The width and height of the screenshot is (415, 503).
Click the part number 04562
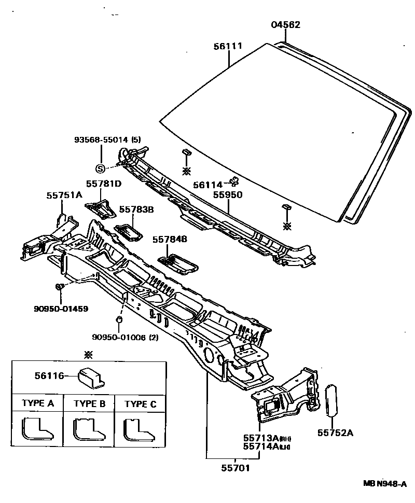click(286, 25)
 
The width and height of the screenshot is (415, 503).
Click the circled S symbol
click(100, 168)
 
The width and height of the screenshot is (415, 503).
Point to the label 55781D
click(103, 184)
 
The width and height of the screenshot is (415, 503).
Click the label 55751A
click(64, 195)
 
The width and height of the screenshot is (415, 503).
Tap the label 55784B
click(170, 239)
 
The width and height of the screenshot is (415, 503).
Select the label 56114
click(208, 185)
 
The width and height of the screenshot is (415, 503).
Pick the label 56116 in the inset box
click(47, 376)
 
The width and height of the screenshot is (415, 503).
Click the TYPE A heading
click(37, 404)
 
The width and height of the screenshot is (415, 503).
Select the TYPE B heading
click(89, 404)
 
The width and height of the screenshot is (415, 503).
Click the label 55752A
click(335, 432)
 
